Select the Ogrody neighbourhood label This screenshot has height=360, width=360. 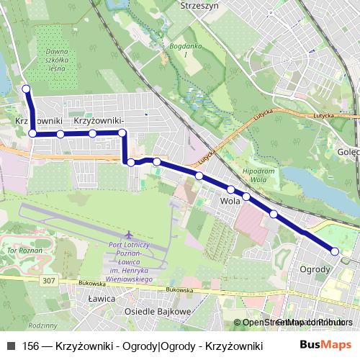[x=315, y=269]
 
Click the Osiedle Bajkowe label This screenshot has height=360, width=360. [x=157, y=311]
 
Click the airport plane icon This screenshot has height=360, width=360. [x=129, y=235]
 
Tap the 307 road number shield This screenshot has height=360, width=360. [x=49, y=280]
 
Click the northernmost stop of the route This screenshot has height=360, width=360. [x=27, y=89]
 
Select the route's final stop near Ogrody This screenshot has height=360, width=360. [x=335, y=251]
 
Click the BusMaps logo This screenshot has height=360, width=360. [x=332, y=345]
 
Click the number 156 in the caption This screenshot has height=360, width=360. [x=31, y=346]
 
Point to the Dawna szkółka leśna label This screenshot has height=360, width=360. [x=55, y=62]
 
